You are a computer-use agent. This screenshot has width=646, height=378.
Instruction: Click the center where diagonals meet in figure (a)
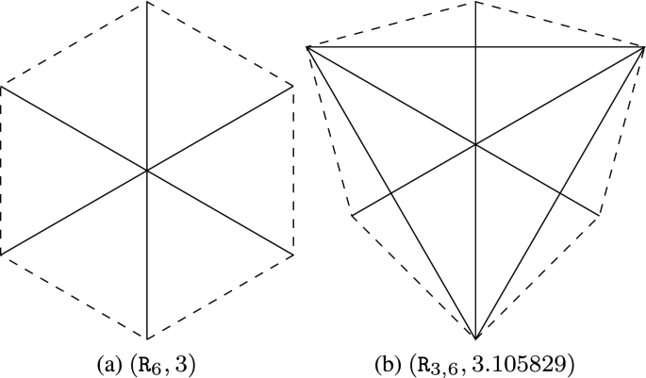tap(147, 170)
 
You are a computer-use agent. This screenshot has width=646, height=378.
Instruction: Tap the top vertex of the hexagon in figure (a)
tap(147, 3)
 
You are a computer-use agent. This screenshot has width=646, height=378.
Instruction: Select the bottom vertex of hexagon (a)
tap(147, 337)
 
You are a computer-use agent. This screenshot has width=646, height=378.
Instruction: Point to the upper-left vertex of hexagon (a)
tap(2, 87)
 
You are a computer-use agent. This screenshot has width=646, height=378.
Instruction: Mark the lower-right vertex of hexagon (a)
tap(292, 254)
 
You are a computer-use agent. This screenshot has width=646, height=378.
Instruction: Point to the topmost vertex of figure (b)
tap(477, 3)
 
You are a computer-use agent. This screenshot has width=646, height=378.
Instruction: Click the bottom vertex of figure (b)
tap(477, 337)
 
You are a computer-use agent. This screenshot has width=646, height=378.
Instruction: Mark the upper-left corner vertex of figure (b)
tap(308, 45)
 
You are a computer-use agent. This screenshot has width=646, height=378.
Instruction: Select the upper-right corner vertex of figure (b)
tap(644, 45)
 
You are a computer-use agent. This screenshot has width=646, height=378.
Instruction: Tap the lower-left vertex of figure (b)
tap(353, 216)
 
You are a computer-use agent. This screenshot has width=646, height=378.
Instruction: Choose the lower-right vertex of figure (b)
tap(601, 216)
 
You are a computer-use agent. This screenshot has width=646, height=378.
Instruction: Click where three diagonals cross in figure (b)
tap(477, 143)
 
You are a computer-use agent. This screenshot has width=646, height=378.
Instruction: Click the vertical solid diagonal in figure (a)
tap(147, 94)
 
